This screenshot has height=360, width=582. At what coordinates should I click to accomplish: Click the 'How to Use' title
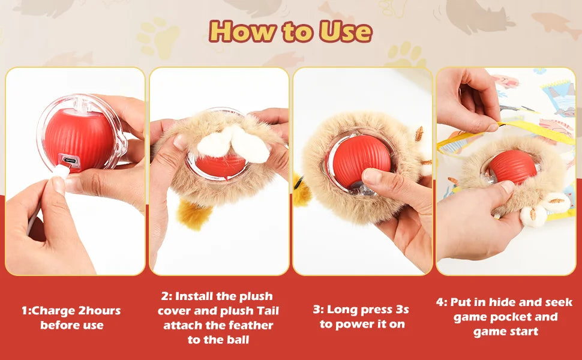click(x=290, y=31)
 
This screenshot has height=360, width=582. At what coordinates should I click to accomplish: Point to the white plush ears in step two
click(x=234, y=144)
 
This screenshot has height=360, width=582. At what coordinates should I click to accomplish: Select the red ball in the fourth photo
click(x=511, y=167)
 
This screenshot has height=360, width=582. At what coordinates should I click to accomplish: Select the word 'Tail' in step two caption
click(x=265, y=311)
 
